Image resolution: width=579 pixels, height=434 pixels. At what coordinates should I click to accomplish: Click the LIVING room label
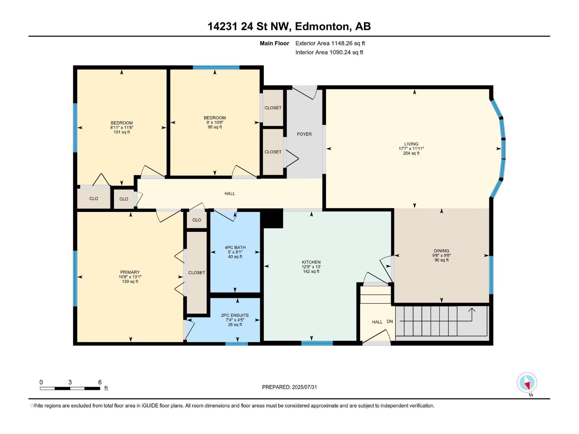411,144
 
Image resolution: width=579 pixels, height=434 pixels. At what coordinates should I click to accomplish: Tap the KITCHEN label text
311,262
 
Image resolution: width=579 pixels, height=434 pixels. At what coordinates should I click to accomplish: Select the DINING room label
441,251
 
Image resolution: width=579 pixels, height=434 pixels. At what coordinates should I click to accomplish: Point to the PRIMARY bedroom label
130,272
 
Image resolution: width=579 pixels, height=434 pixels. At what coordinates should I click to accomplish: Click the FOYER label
304,134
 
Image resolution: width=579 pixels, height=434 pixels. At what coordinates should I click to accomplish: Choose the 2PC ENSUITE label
235,315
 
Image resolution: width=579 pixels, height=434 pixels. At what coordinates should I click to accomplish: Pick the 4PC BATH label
235,247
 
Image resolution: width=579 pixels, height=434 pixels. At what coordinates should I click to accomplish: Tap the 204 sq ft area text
411,153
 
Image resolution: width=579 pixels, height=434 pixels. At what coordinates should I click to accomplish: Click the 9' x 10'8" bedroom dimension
215,123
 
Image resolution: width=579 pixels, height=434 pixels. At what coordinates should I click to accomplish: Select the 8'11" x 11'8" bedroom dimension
122,128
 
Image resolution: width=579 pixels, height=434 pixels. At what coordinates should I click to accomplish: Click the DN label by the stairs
390,322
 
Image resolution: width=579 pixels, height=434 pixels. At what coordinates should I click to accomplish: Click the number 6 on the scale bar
100,382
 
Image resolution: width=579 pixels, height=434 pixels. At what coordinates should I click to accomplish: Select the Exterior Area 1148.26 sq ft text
330,43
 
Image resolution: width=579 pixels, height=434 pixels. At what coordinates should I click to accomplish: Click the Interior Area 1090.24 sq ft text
329,52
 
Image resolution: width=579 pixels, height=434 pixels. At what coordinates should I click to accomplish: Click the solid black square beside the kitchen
272,218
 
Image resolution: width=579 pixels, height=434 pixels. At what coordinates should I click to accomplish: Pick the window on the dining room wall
491,275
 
